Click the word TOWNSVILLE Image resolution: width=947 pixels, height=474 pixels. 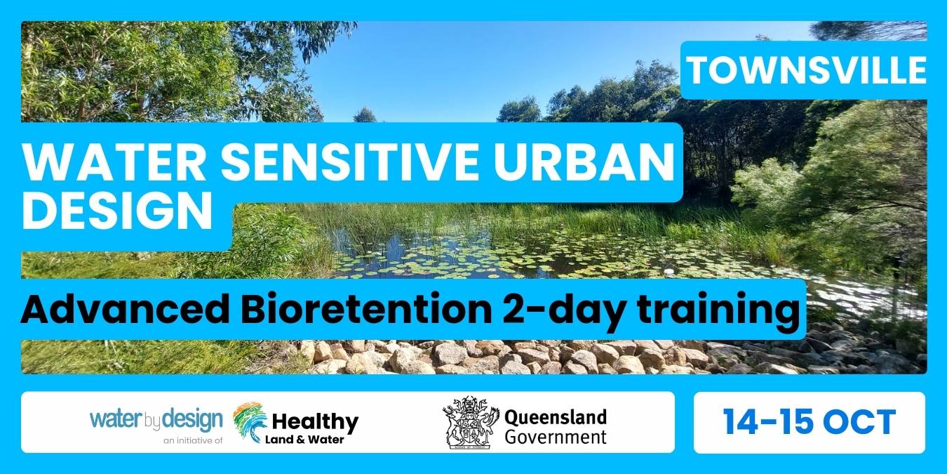pyautogui.click(x=806, y=70)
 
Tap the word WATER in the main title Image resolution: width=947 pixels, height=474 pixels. pyautogui.click(x=114, y=163)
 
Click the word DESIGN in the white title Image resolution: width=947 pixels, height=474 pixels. pyautogui.click(x=117, y=211)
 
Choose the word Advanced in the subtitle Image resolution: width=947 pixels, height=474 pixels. pyautogui.click(x=125, y=310)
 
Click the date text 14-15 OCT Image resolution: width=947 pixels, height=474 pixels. pyautogui.click(x=810, y=422)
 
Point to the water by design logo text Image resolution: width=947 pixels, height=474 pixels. pyautogui.click(x=156, y=419)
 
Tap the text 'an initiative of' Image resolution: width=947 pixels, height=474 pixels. pyautogui.click(x=193, y=440)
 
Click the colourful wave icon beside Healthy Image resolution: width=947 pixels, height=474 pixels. pyautogui.click(x=250, y=422)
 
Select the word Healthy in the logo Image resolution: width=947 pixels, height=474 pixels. pyautogui.click(x=315, y=422)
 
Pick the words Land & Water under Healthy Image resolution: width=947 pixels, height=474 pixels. pyautogui.click(x=304, y=440)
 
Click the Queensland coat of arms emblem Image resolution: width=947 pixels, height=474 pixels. pyautogui.click(x=471, y=422)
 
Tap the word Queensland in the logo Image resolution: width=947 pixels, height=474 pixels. pyautogui.click(x=556, y=417)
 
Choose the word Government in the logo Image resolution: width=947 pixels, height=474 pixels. pyautogui.click(x=556, y=437)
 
